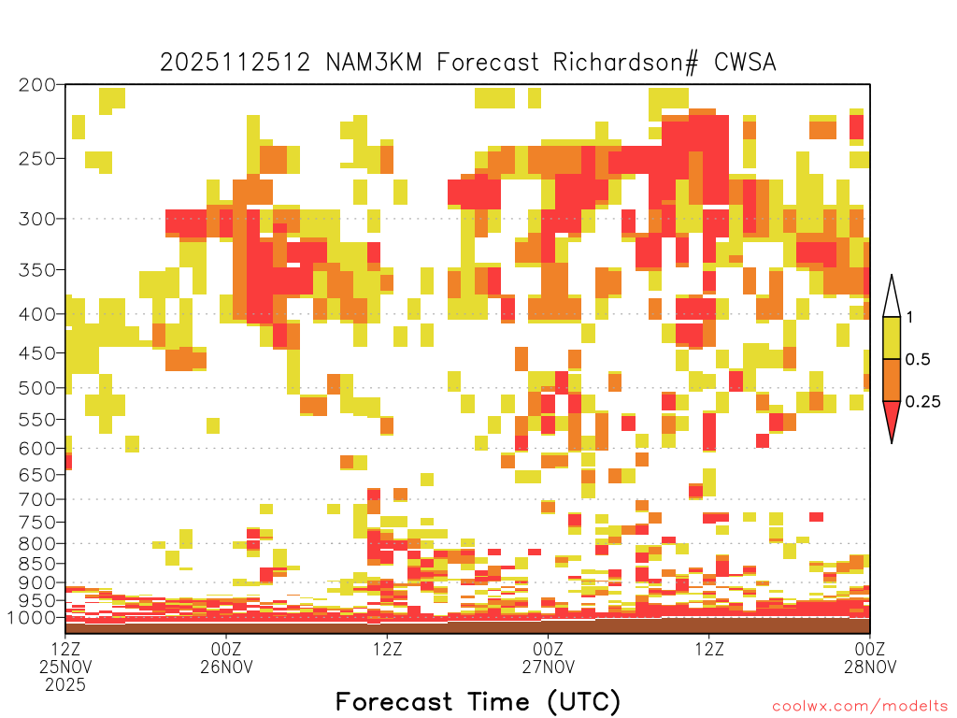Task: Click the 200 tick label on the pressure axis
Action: (x=37, y=85)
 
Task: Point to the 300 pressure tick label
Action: (x=37, y=219)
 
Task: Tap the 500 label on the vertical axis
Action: (x=37, y=388)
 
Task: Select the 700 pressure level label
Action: (x=37, y=499)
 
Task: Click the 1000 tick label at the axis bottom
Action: (x=32, y=618)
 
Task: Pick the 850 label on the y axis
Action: (x=37, y=564)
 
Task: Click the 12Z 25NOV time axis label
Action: (x=65, y=657)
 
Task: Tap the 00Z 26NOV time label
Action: (x=226, y=657)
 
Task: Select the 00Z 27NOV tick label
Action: (x=548, y=657)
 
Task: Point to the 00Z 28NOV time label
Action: (x=870, y=657)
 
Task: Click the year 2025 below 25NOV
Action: (x=65, y=685)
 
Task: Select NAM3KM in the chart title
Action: (x=374, y=63)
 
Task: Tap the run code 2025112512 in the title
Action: (x=235, y=63)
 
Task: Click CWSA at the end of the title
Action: (x=745, y=63)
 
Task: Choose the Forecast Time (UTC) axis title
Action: (x=478, y=702)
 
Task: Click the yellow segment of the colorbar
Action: (x=892, y=337)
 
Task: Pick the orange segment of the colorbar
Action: (x=892, y=380)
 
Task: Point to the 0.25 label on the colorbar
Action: (x=922, y=402)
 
